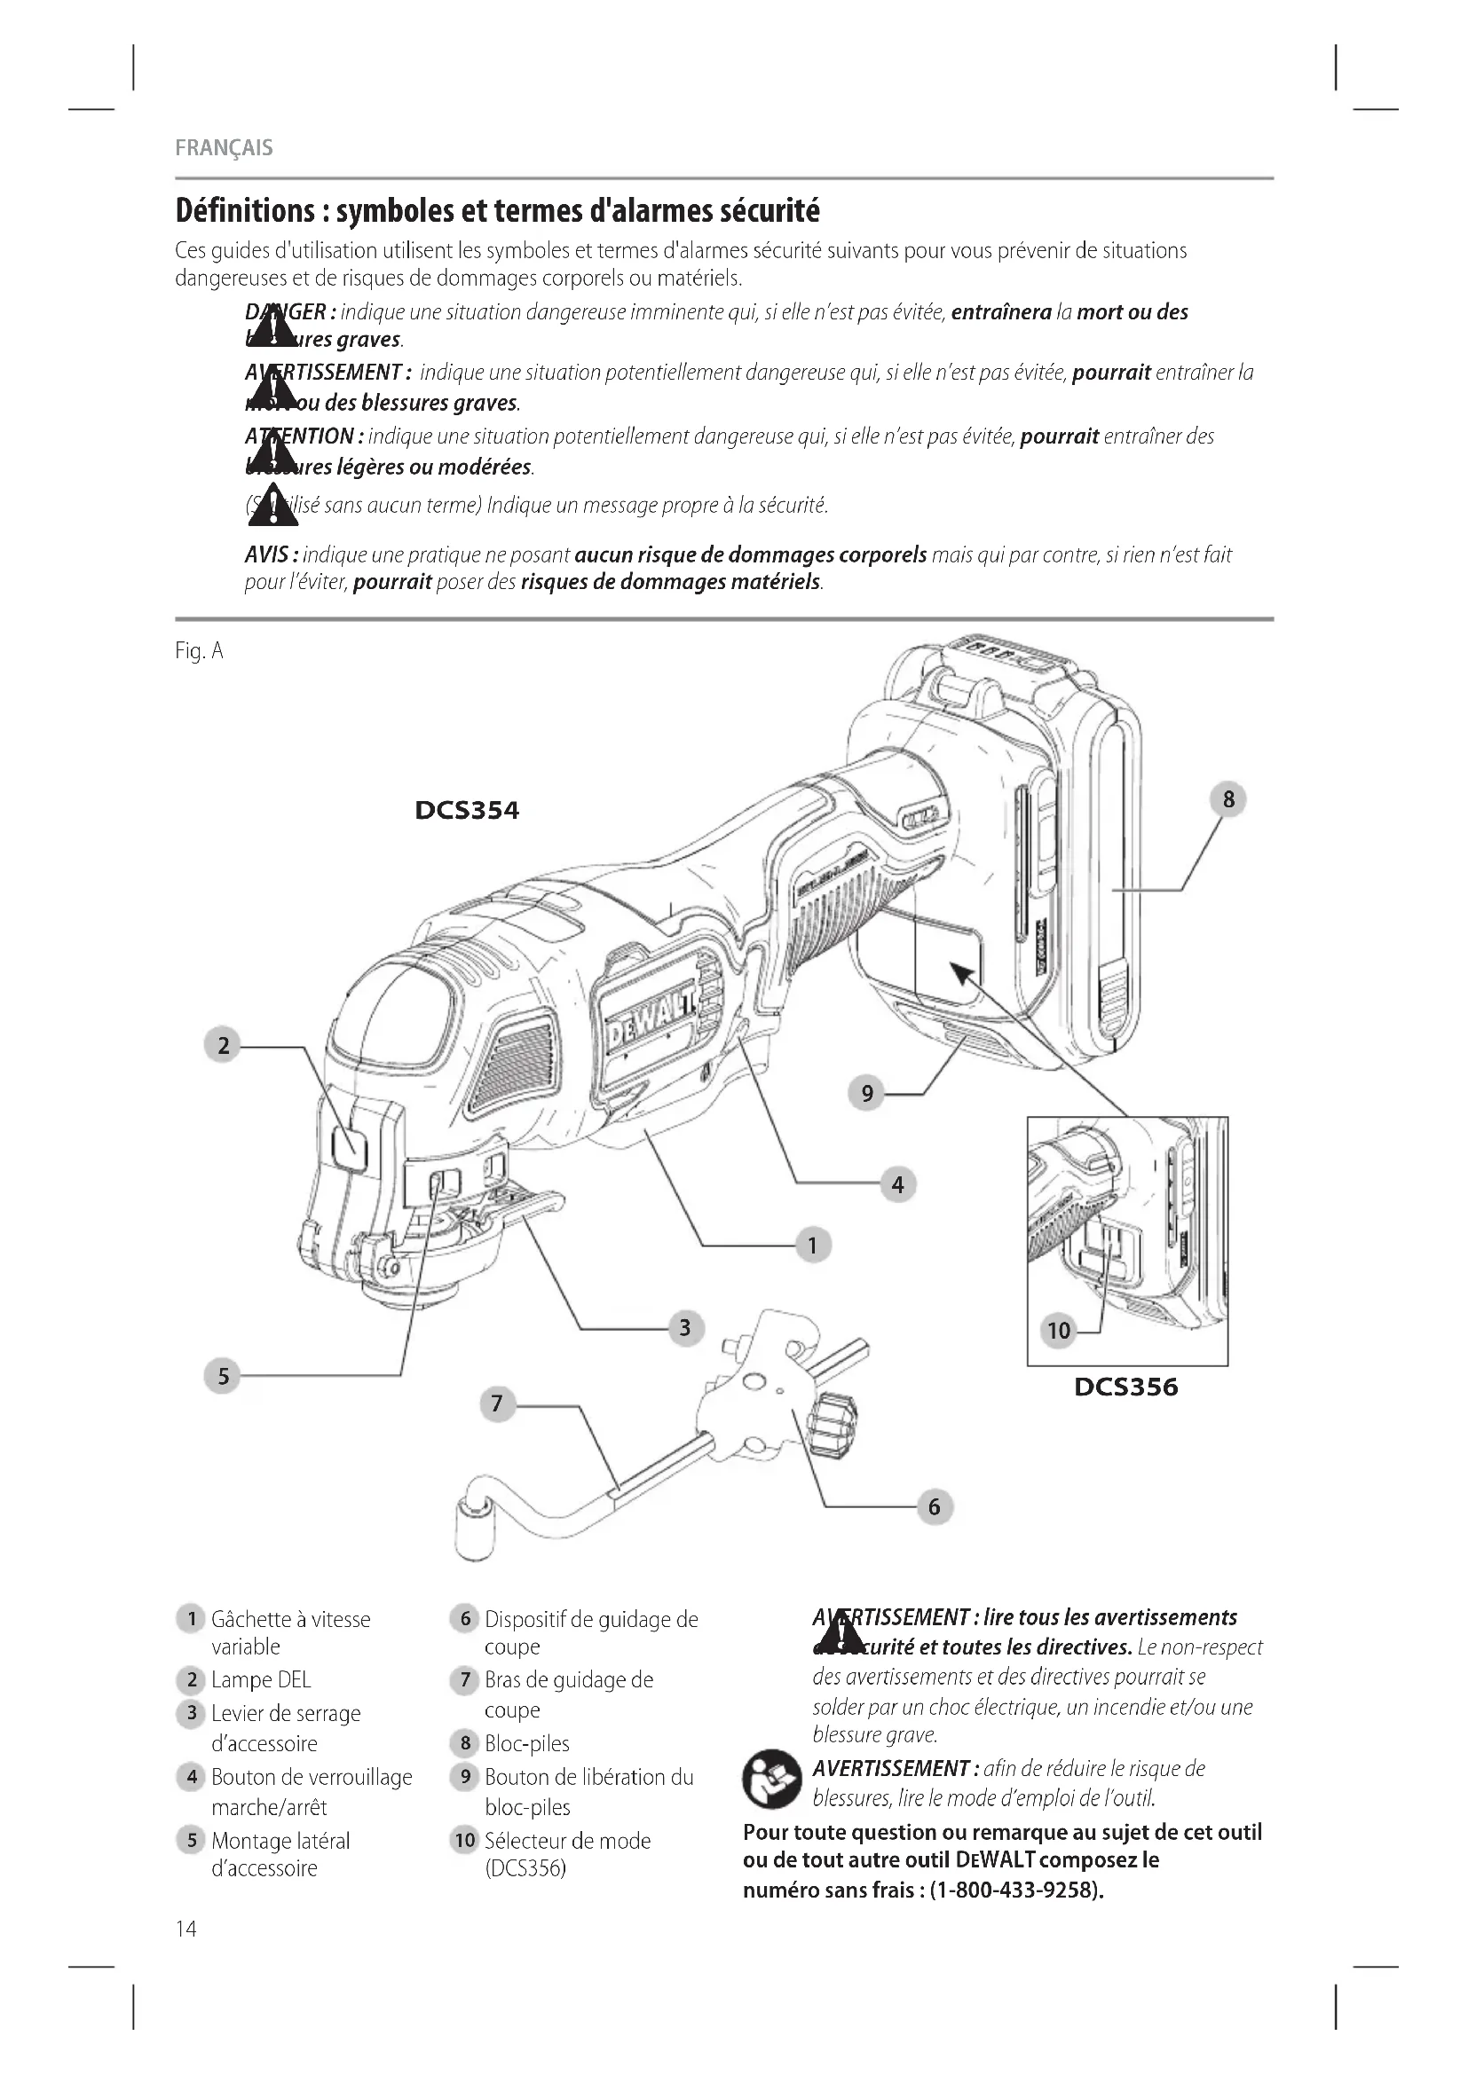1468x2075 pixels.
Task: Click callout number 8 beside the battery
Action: point(1227,799)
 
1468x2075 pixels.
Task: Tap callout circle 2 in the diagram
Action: point(223,1046)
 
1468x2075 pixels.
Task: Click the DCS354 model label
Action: point(467,810)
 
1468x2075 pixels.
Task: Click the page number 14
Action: point(185,1930)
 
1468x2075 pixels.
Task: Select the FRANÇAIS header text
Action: point(225,148)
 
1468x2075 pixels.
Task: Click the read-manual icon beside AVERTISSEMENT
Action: point(771,1780)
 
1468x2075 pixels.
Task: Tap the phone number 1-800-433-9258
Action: point(1016,1890)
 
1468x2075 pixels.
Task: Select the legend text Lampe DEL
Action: point(260,1680)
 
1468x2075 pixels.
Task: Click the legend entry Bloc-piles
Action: point(526,1743)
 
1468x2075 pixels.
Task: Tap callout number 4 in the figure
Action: point(896,1184)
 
